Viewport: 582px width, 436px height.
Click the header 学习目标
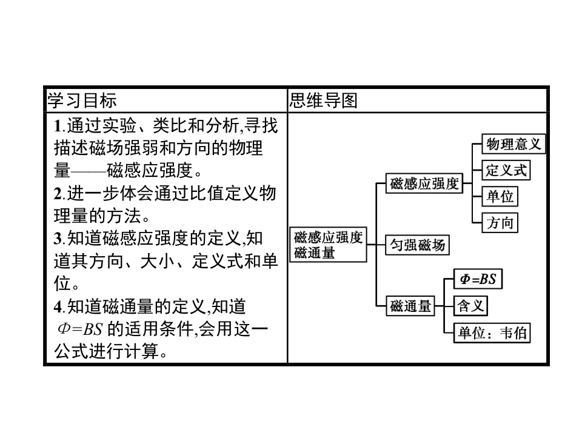tap(82, 101)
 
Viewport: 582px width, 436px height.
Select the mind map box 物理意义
tap(513, 144)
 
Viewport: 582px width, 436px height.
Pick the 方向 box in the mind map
tap(500, 223)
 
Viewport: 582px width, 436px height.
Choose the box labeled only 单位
tap(500, 197)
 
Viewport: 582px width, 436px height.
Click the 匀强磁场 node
tap(418, 245)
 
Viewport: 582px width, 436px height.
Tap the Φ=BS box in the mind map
tap(478, 279)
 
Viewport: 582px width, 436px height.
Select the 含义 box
tap(470, 306)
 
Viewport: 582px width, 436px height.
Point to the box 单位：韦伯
tap(492, 332)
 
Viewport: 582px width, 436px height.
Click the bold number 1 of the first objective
tap(58, 127)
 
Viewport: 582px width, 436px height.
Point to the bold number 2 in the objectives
tap(58, 194)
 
